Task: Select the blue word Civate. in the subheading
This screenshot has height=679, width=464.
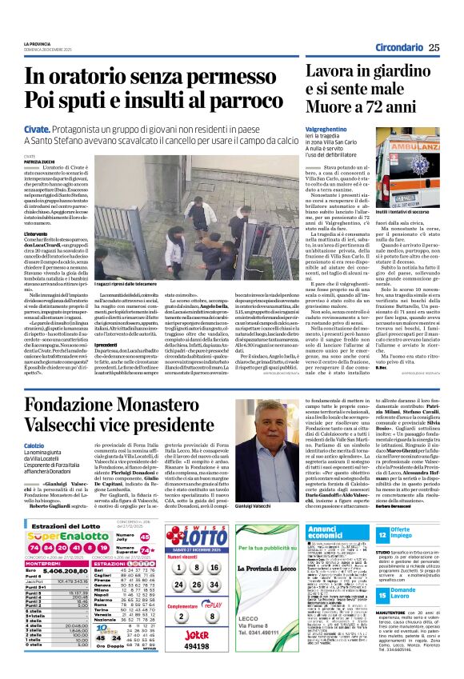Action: (37, 129)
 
